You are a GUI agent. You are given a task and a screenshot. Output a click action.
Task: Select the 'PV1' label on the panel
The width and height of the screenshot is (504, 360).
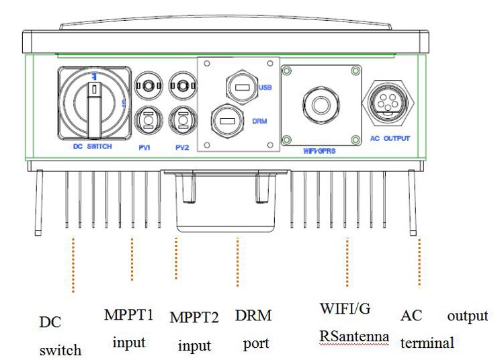click(x=144, y=146)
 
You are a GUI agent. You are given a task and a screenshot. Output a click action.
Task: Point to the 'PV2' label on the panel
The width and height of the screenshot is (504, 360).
click(x=179, y=146)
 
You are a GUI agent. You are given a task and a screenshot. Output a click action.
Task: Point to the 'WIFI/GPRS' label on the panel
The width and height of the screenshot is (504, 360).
click(x=320, y=150)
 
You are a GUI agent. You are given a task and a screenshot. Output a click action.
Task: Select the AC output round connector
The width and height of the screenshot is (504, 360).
click(x=390, y=100)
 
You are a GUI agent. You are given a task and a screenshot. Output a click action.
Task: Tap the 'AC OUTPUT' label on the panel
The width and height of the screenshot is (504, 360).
click(x=390, y=138)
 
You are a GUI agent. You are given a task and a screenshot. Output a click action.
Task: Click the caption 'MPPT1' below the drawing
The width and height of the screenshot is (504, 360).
click(x=128, y=314)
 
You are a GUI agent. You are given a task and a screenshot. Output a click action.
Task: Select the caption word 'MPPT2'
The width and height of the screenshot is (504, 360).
click(x=194, y=317)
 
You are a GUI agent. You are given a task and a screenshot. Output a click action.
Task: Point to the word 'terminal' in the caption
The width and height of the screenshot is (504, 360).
click(x=427, y=343)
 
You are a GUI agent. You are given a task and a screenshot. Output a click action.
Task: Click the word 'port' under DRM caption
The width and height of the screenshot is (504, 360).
click(x=255, y=343)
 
